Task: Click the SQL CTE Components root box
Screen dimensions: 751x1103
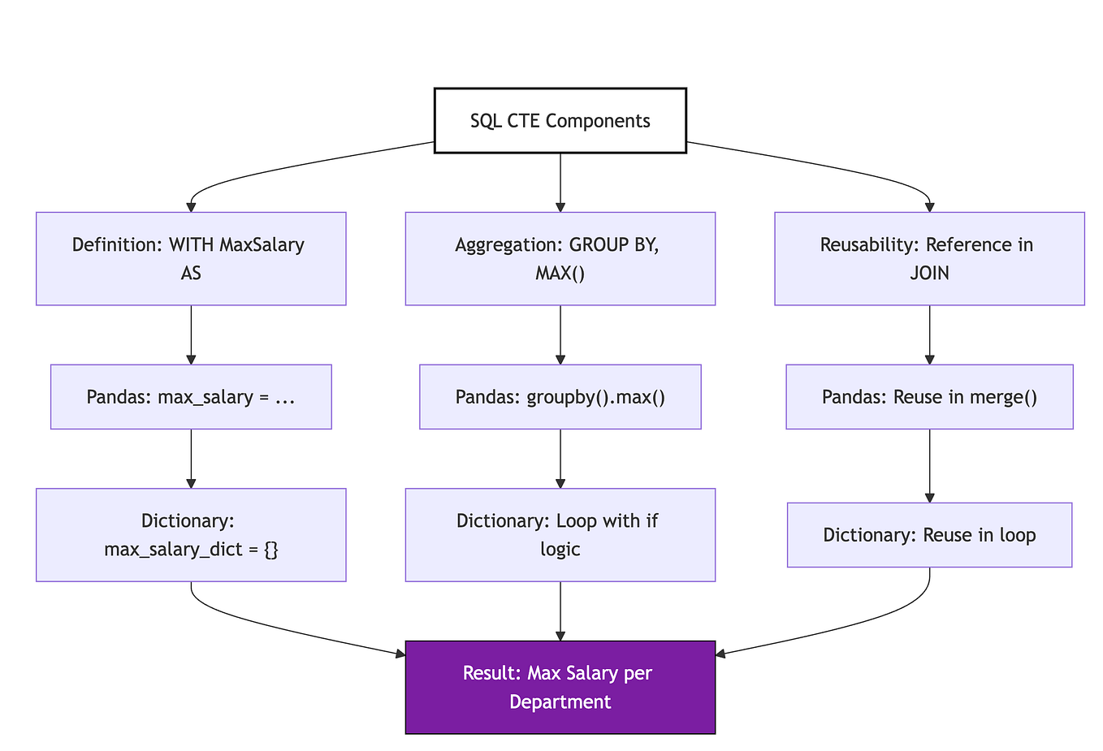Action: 560,121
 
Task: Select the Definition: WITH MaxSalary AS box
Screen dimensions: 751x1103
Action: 191,258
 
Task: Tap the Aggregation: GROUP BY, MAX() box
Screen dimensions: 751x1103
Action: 560,258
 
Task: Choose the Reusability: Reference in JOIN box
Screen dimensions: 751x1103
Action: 929,258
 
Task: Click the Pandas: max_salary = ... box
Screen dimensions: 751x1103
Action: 191,397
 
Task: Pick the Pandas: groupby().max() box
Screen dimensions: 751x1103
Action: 560,397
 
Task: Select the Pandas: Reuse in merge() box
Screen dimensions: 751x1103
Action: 929,397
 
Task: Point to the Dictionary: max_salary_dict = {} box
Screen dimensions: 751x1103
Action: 191,535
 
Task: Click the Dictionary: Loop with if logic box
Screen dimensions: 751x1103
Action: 560,535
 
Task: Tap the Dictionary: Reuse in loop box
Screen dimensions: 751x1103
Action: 929,535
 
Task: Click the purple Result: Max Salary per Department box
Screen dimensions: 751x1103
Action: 560,687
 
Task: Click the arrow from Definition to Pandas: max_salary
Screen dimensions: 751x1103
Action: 191,334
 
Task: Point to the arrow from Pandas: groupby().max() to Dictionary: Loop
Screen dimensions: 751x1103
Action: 560,459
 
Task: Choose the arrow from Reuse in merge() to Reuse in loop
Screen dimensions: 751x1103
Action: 929,465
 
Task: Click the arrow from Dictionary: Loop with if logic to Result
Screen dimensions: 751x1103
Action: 560,611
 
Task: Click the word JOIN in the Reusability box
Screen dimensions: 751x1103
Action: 929,273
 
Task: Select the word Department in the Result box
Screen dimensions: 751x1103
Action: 560,701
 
